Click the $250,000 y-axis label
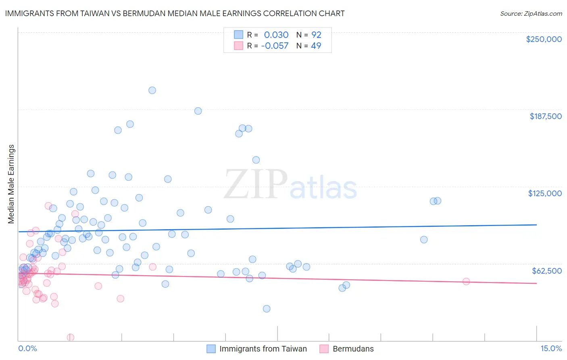544,39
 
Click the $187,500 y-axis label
545,116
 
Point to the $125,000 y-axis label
545,193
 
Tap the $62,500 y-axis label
546,270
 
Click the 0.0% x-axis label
27,348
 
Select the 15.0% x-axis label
551,348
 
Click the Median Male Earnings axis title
11,184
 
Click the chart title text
175,13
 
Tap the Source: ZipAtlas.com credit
531,13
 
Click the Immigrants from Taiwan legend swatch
211,349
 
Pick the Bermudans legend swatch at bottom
324,349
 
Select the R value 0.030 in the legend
276,35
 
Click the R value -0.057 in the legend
275,46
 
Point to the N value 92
316,35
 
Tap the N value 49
316,46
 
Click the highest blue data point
152,90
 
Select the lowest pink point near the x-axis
71,337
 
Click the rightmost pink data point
466,282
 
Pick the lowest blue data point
267,309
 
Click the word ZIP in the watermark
256,184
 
